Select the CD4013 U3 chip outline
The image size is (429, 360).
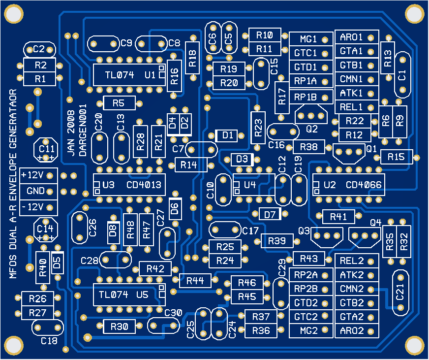129,185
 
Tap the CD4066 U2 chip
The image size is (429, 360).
348,185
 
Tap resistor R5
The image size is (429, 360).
118,103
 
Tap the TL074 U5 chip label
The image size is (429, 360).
129,295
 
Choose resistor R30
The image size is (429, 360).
119,326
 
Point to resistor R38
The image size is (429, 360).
308,146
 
